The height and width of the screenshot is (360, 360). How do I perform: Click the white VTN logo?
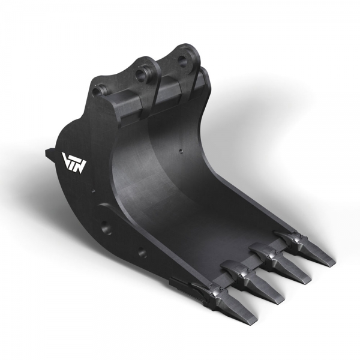click(x=74, y=161)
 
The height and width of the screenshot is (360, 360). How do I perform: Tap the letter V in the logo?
click(x=67, y=159)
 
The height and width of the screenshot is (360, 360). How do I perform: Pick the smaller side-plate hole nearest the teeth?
click(x=142, y=253)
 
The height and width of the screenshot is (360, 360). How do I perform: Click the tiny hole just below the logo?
click(x=93, y=192)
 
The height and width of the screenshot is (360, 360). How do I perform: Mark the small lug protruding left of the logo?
click(x=48, y=154)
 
